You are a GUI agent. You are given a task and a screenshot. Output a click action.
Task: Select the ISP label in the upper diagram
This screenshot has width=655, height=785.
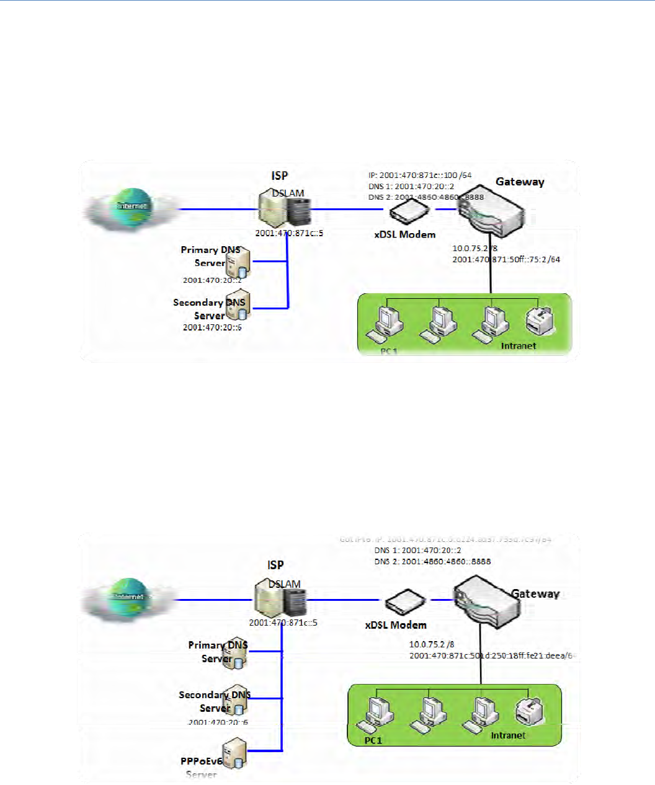(279, 175)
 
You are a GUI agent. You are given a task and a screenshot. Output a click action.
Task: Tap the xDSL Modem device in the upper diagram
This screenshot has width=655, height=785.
(409, 212)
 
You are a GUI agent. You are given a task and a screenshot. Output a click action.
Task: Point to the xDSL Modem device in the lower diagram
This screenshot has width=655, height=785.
(405, 601)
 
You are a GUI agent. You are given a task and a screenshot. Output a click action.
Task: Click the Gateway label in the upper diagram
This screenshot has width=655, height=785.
(520, 182)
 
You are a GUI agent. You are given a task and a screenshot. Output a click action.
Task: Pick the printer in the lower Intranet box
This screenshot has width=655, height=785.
(529, 712)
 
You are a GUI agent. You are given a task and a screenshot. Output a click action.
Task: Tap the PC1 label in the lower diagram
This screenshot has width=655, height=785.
(373, 740)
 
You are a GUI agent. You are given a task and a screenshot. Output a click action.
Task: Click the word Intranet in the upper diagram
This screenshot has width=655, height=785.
(518, 346)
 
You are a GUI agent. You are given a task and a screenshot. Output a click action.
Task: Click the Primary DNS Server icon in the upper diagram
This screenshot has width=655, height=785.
(238, 263)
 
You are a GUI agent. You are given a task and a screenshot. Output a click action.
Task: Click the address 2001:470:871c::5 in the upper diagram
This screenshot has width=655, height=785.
(289, 234)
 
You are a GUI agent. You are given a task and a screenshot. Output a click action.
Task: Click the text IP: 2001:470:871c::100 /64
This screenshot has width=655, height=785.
(420, 175)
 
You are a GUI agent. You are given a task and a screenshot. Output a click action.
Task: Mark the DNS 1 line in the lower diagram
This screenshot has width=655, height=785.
(417, 550)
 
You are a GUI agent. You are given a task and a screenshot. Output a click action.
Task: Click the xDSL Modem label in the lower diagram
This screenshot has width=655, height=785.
(396, 625)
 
